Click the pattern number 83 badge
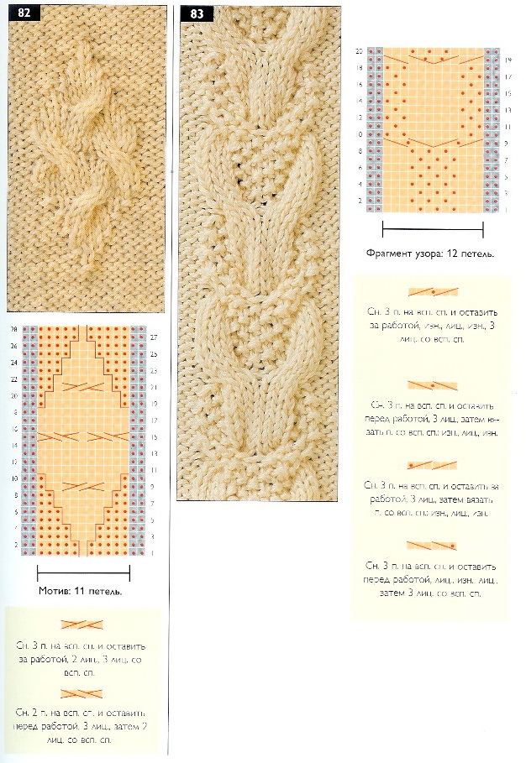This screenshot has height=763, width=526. coord(197,13)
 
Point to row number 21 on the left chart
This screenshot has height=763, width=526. coord(154,386)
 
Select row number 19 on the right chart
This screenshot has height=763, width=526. coord(509,60)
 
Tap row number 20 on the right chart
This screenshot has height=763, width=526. coord(359,52)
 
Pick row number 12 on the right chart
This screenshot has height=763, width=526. coord(359,118)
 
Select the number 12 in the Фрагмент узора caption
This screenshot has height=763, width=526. coord(453,252)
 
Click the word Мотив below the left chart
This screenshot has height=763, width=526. coord(55,591)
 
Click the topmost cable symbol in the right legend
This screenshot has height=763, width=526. coord(433,291)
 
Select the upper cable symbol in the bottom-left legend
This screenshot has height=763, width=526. coord(82,624)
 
